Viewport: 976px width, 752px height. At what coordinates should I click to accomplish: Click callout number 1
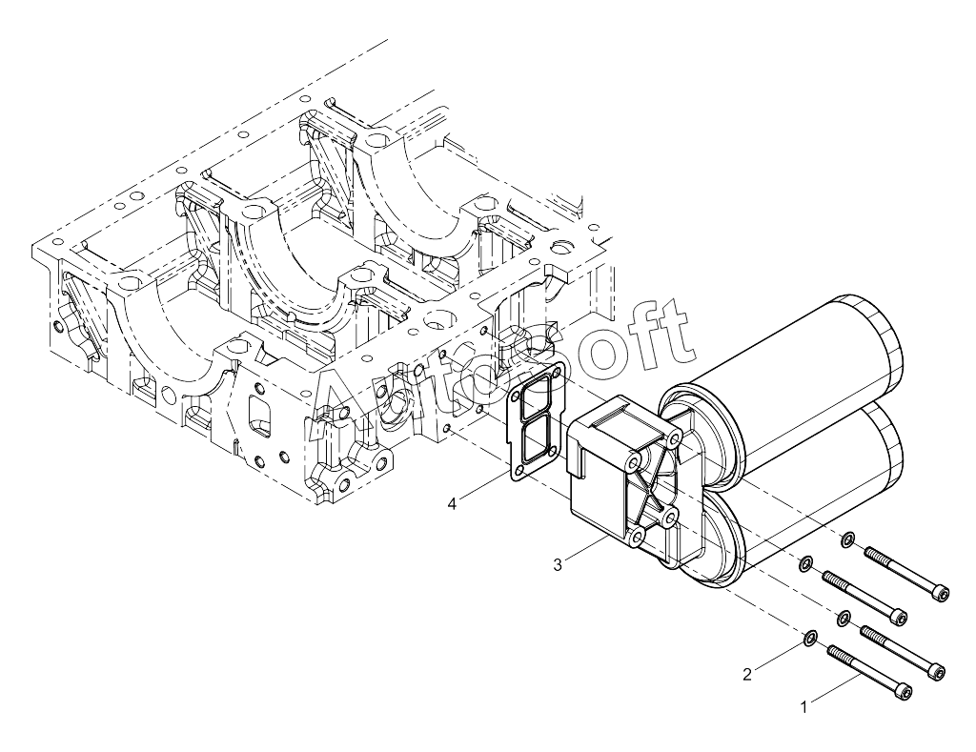click(803, 707)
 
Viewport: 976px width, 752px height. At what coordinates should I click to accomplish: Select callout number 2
click(747, 674)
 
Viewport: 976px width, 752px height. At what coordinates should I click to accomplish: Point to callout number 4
click(453, 503)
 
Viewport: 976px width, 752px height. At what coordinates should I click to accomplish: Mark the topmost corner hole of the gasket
click(556, 375)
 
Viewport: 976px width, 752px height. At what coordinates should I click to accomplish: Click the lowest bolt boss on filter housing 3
click(636, 538)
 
